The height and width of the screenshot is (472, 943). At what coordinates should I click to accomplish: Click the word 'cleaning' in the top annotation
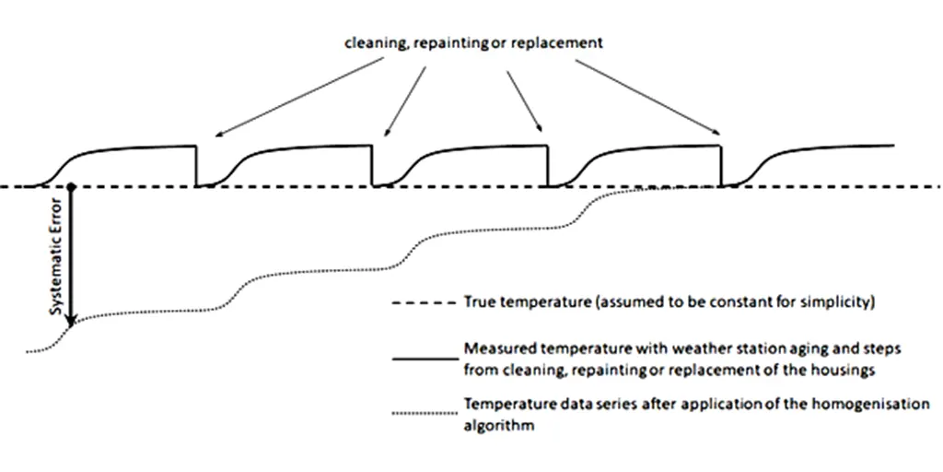point(372,42)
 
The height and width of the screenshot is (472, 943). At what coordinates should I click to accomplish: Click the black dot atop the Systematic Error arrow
point(72,187)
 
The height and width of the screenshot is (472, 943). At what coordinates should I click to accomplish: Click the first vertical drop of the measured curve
point(196,166)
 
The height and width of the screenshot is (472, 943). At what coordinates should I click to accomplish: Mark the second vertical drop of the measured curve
point(372,166)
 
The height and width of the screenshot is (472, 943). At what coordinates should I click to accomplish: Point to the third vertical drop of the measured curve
point(548,166)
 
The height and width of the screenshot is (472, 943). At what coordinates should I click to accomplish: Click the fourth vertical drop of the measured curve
point(720,166)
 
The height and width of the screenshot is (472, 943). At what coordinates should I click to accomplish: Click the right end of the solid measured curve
point(893,146)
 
